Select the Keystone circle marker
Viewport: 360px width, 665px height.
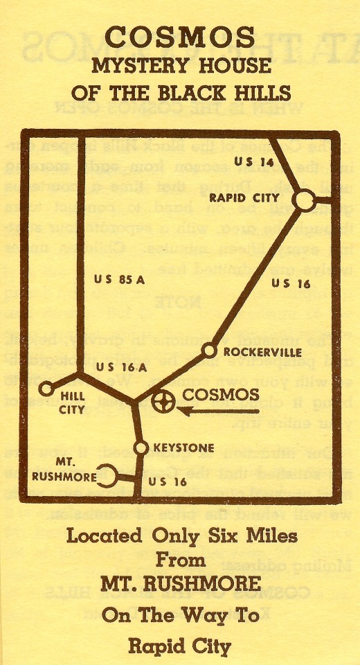point(141,448)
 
